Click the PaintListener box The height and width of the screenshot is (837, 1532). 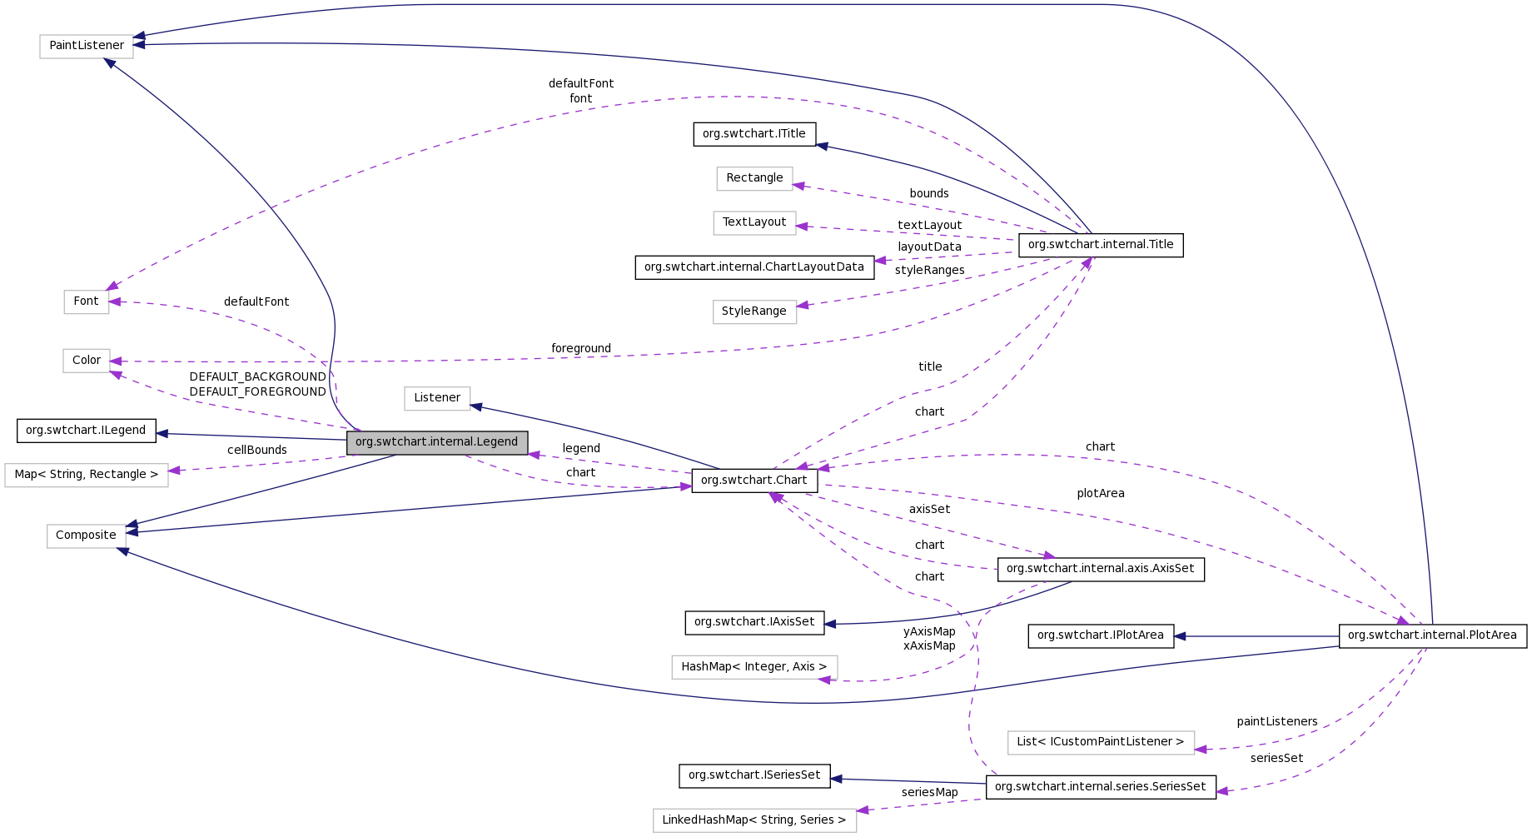coord(87,46)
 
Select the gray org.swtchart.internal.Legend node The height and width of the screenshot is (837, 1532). coord(437,442)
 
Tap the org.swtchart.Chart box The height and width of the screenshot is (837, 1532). coord(754,481)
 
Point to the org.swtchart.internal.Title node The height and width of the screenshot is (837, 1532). coord(1101,245)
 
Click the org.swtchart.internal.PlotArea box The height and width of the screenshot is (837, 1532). coord(1432,635)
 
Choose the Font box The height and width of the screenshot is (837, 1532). coord(86,301)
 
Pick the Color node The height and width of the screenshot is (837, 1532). coord(87,361)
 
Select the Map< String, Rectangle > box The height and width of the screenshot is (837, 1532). coord(87,475)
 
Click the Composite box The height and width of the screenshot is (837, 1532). coord(86,536)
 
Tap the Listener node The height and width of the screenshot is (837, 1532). coord(437,398)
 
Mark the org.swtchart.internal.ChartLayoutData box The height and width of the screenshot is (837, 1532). coord(754,267)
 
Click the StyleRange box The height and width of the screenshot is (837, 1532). coord(754,311)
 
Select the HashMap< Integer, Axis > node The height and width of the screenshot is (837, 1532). coord(754,667)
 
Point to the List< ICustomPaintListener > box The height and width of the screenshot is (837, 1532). coord(1101,742)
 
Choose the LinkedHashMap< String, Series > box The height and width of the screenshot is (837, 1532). coord(754,820)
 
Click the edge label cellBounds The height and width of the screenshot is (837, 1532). coord(257,451)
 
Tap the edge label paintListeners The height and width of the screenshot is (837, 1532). coord(1277,722)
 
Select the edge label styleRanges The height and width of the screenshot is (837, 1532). coord(930,271)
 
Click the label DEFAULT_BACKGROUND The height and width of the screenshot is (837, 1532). coord(257,377)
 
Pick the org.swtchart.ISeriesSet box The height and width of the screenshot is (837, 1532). coord(754,775)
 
